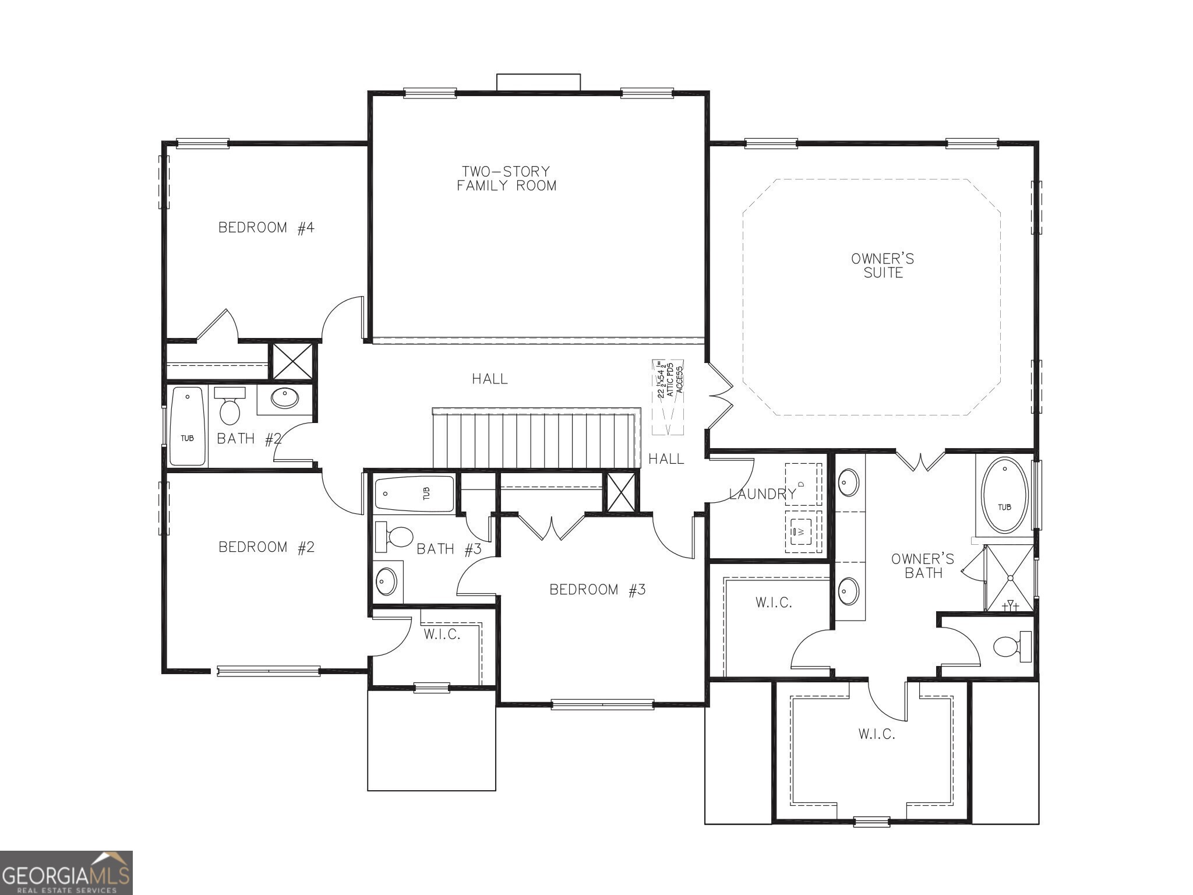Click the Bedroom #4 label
(x=266, y=227)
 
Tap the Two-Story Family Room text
(x=506, y=178)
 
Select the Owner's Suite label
(x=883, y=266)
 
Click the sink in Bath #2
(x=285, y=398)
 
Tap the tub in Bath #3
(x=414, y=494)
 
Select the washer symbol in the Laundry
(x=802, y=531)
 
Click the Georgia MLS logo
(x=66, y=872)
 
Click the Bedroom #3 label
(x=598, y=590)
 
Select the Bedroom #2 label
(x=266, y=547)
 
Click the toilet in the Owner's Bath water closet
(x=1011, y=646)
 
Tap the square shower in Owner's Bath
(x=1010, y=578)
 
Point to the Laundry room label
(x=762, y=494)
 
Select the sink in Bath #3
(x=386, y=581)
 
